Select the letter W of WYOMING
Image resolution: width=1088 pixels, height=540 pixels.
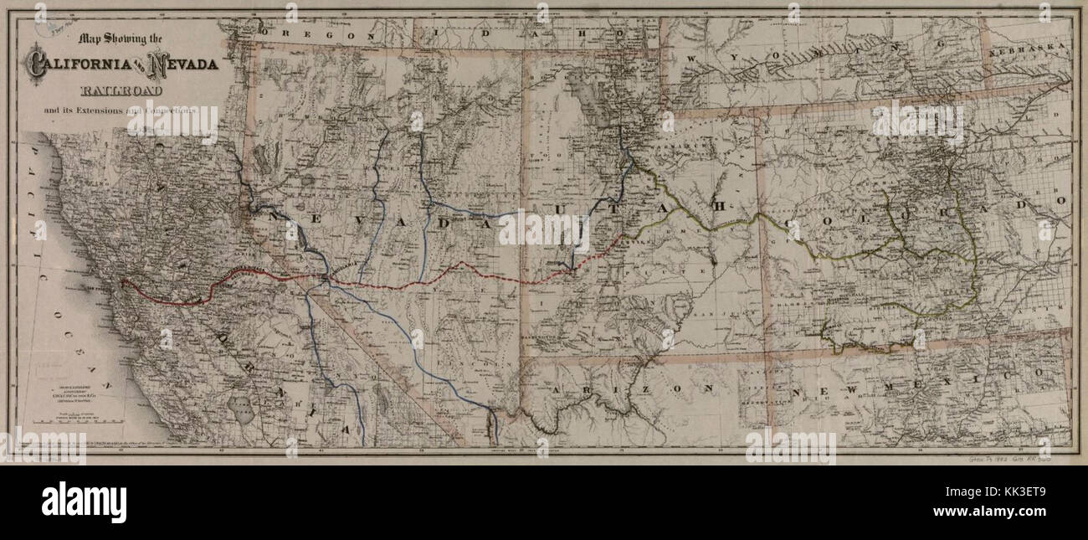(694, 58)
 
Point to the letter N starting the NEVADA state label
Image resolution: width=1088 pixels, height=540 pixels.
(274, 216)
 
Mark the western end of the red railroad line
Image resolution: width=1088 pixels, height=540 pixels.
(123, 282)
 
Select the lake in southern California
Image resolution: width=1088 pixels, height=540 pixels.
(245, 410)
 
